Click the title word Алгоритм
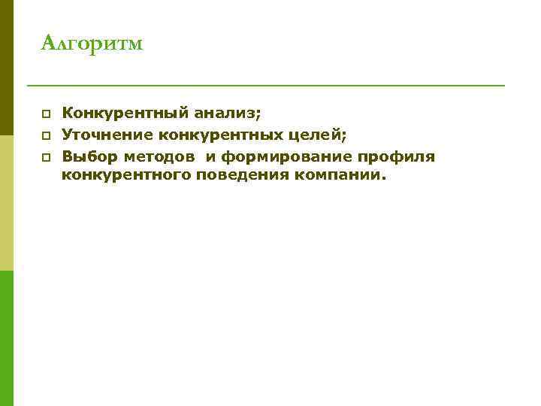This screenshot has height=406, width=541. [x=92, y=44]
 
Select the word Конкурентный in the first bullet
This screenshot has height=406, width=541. [x=126, y=114]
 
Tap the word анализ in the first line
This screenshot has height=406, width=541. [x=227, y=114]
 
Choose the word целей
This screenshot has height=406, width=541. [x=319, y=135]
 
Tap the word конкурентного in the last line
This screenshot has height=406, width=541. [x=125, y=175]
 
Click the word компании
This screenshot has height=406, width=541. [x=345, y=175]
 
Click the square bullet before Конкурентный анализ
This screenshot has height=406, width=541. [x=46, y=114]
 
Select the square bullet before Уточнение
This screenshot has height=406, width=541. [x=46, y=136]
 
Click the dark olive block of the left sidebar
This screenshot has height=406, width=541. [x=7, y=68]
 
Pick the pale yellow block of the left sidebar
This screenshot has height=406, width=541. [x=7, y=203]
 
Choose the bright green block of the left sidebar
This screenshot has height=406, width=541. [x=7, y=338]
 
